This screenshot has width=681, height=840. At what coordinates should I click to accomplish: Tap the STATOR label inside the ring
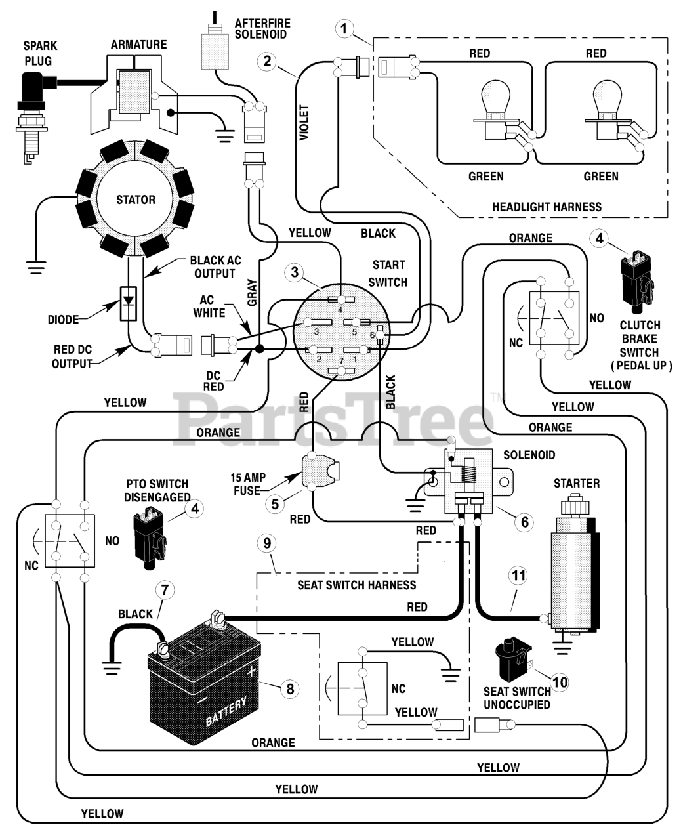[136, 199]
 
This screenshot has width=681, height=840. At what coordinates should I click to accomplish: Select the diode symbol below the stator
[128, 303]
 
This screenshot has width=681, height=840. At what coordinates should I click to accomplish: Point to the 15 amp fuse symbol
[320, 471]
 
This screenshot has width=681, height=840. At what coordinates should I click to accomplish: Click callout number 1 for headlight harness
[344, 28]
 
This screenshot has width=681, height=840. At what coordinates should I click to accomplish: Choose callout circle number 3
[295, 272]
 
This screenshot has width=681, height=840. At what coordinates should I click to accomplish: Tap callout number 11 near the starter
[518, 576]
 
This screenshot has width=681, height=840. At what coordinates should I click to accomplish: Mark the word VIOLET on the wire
[304, 122]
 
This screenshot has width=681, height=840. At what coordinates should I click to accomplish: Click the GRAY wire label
[251, 292]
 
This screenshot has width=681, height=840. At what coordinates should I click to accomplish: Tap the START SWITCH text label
[388, 273]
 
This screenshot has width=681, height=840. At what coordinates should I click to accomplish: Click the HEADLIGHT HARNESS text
[547, 207]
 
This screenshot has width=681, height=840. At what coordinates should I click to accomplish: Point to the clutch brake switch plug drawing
[635, 279]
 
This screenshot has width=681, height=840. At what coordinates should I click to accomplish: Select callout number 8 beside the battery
[290, 689]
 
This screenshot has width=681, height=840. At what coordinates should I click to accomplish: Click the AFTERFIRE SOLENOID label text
[262, 29]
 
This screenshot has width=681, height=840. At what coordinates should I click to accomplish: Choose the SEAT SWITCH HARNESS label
[356, 585]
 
